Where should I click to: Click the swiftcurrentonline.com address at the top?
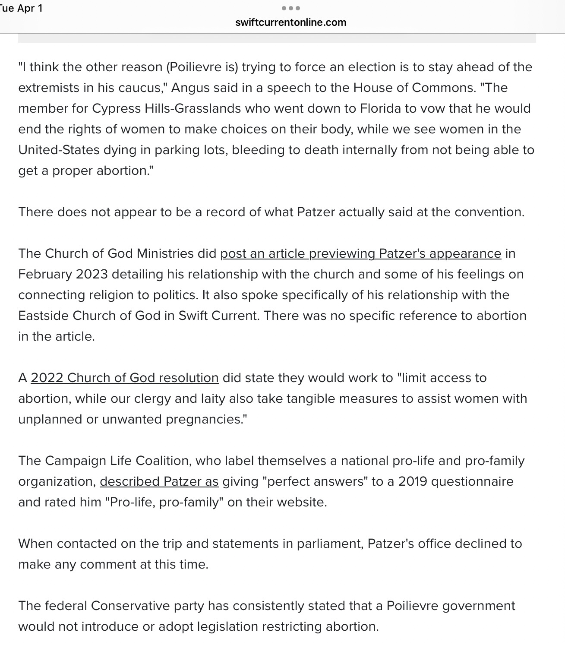(x=290, y=22)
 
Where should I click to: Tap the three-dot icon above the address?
(x=290, y=8)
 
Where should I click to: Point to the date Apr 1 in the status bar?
(x=30, y=8)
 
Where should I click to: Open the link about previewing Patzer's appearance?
(x=360, y=253)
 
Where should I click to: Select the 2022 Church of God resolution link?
(x=124, y=378)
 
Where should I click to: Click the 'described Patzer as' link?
(x=159, y=481)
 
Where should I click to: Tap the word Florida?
(x=380, y=108)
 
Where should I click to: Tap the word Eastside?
(x=43, y=316)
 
